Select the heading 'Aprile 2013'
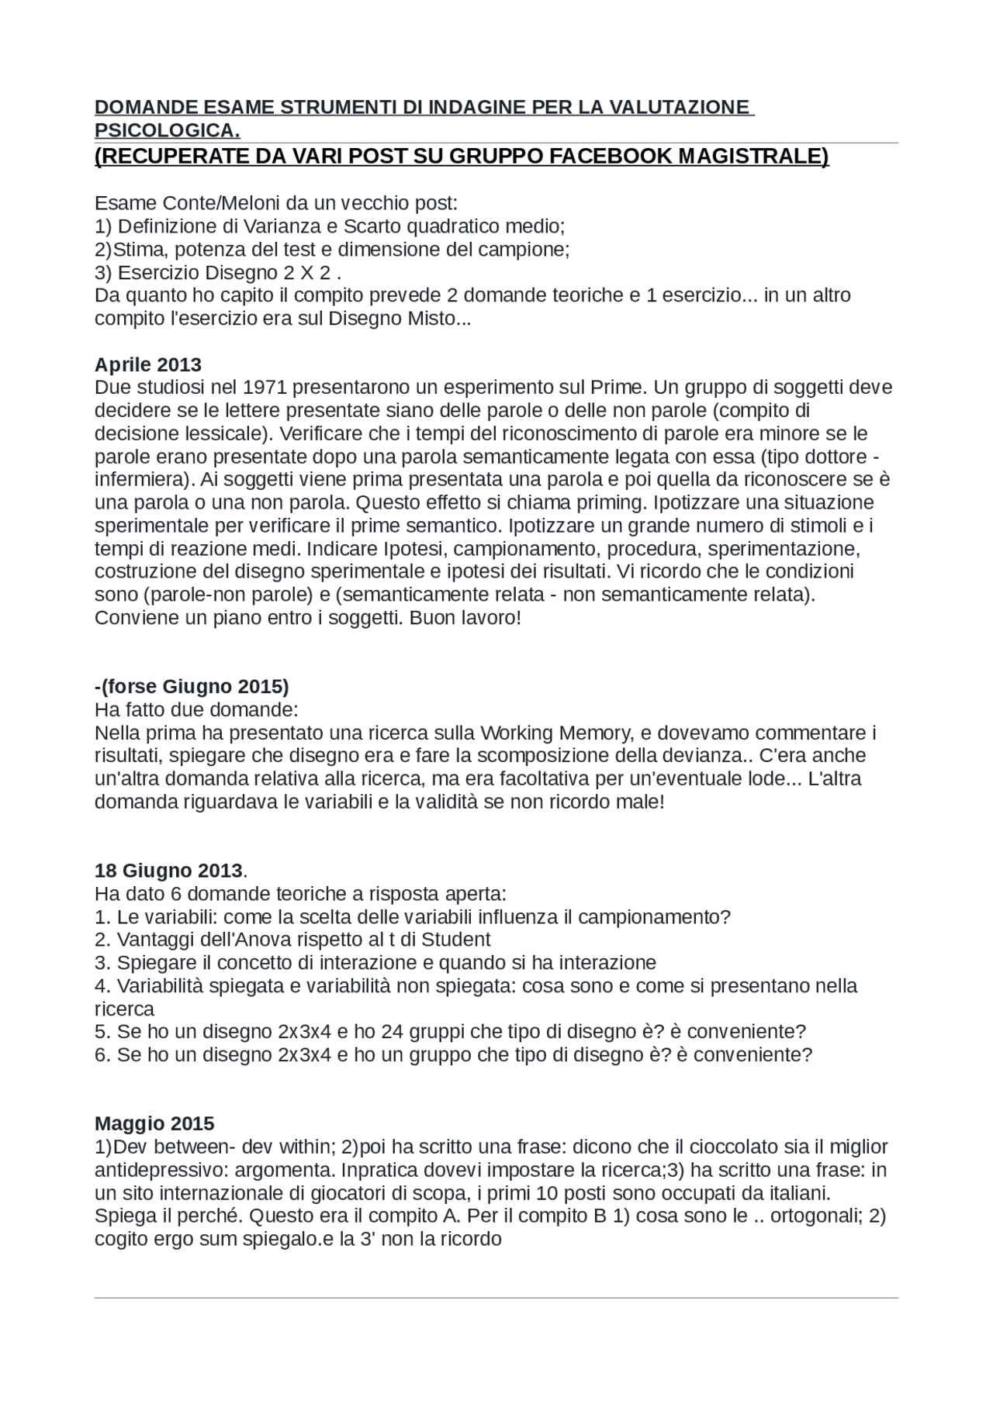point(147,364)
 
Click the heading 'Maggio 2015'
point(154,1123)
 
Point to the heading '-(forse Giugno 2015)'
point(191,686)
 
